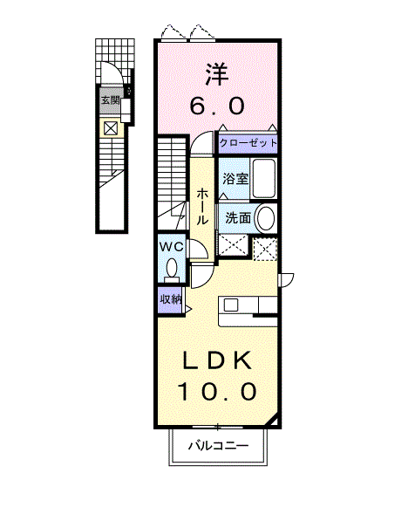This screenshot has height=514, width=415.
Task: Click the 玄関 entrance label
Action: (110, 100)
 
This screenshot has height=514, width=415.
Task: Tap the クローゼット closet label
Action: (248, 143)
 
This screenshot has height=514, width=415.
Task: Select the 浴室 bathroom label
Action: (235, 179)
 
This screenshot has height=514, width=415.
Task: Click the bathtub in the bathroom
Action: (263, 179)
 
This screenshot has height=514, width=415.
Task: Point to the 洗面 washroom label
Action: (238, 217)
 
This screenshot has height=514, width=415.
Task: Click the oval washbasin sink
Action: (266, 218)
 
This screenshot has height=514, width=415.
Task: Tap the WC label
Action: (171, 246)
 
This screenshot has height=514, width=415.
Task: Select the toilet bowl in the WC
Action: (172, 270)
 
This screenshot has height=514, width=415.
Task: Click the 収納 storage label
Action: (170, 299)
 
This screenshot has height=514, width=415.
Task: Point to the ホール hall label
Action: (202, 207)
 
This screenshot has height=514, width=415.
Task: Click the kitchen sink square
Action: (231, 305)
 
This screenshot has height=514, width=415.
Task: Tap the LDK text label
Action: (217, 361)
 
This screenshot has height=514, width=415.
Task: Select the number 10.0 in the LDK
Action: (217, 392)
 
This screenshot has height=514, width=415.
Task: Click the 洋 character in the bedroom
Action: (217, 75)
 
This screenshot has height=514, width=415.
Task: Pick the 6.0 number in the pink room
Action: (217, 106)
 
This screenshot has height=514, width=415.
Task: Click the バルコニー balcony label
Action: (218, 446)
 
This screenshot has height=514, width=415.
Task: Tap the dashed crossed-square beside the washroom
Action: (265, 249)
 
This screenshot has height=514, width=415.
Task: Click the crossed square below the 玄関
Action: (110, 128)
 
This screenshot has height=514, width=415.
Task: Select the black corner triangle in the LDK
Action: (273, 421)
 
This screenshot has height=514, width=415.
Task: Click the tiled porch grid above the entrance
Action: (114, 61)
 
